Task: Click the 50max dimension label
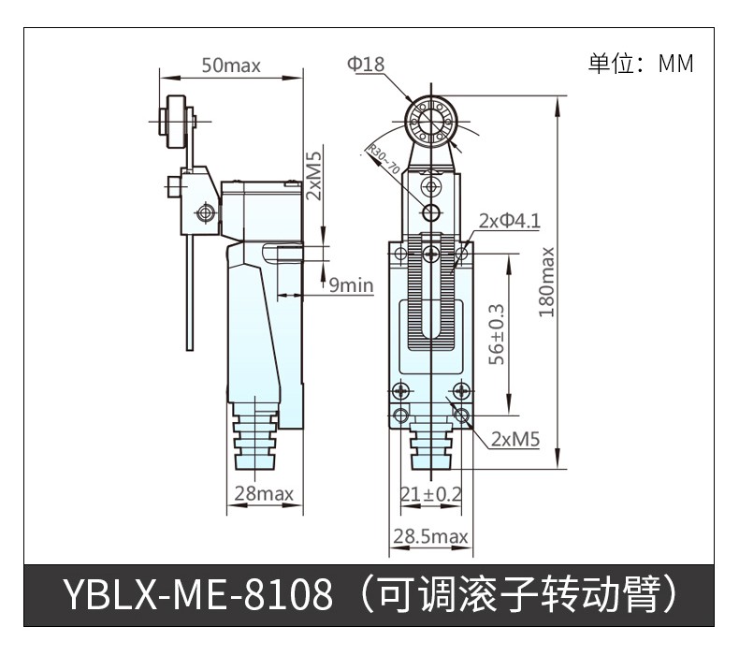(x=231, y=66)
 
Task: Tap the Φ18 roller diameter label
(x=366, y=64)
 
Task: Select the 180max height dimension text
(x=546, y=283)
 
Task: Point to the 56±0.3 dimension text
(x=497, y=334)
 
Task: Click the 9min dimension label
(x=351, y=285)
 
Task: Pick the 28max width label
(x=264, y=493)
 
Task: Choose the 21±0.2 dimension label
(x=430, y=494)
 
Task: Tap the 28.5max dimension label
(x=430, y=536)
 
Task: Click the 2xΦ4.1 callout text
(x=510, y=221)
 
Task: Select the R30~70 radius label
(x=384, y=159)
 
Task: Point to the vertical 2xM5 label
(x=313, y=175)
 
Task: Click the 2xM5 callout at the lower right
(x=515, y=440)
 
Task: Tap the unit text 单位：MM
(x=641, y=64)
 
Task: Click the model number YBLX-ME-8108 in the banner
(x=198, y=594)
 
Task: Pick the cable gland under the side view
(x=254, y=440)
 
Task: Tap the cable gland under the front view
(x=431, y=446)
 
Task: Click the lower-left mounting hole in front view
(x=400, y=415)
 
